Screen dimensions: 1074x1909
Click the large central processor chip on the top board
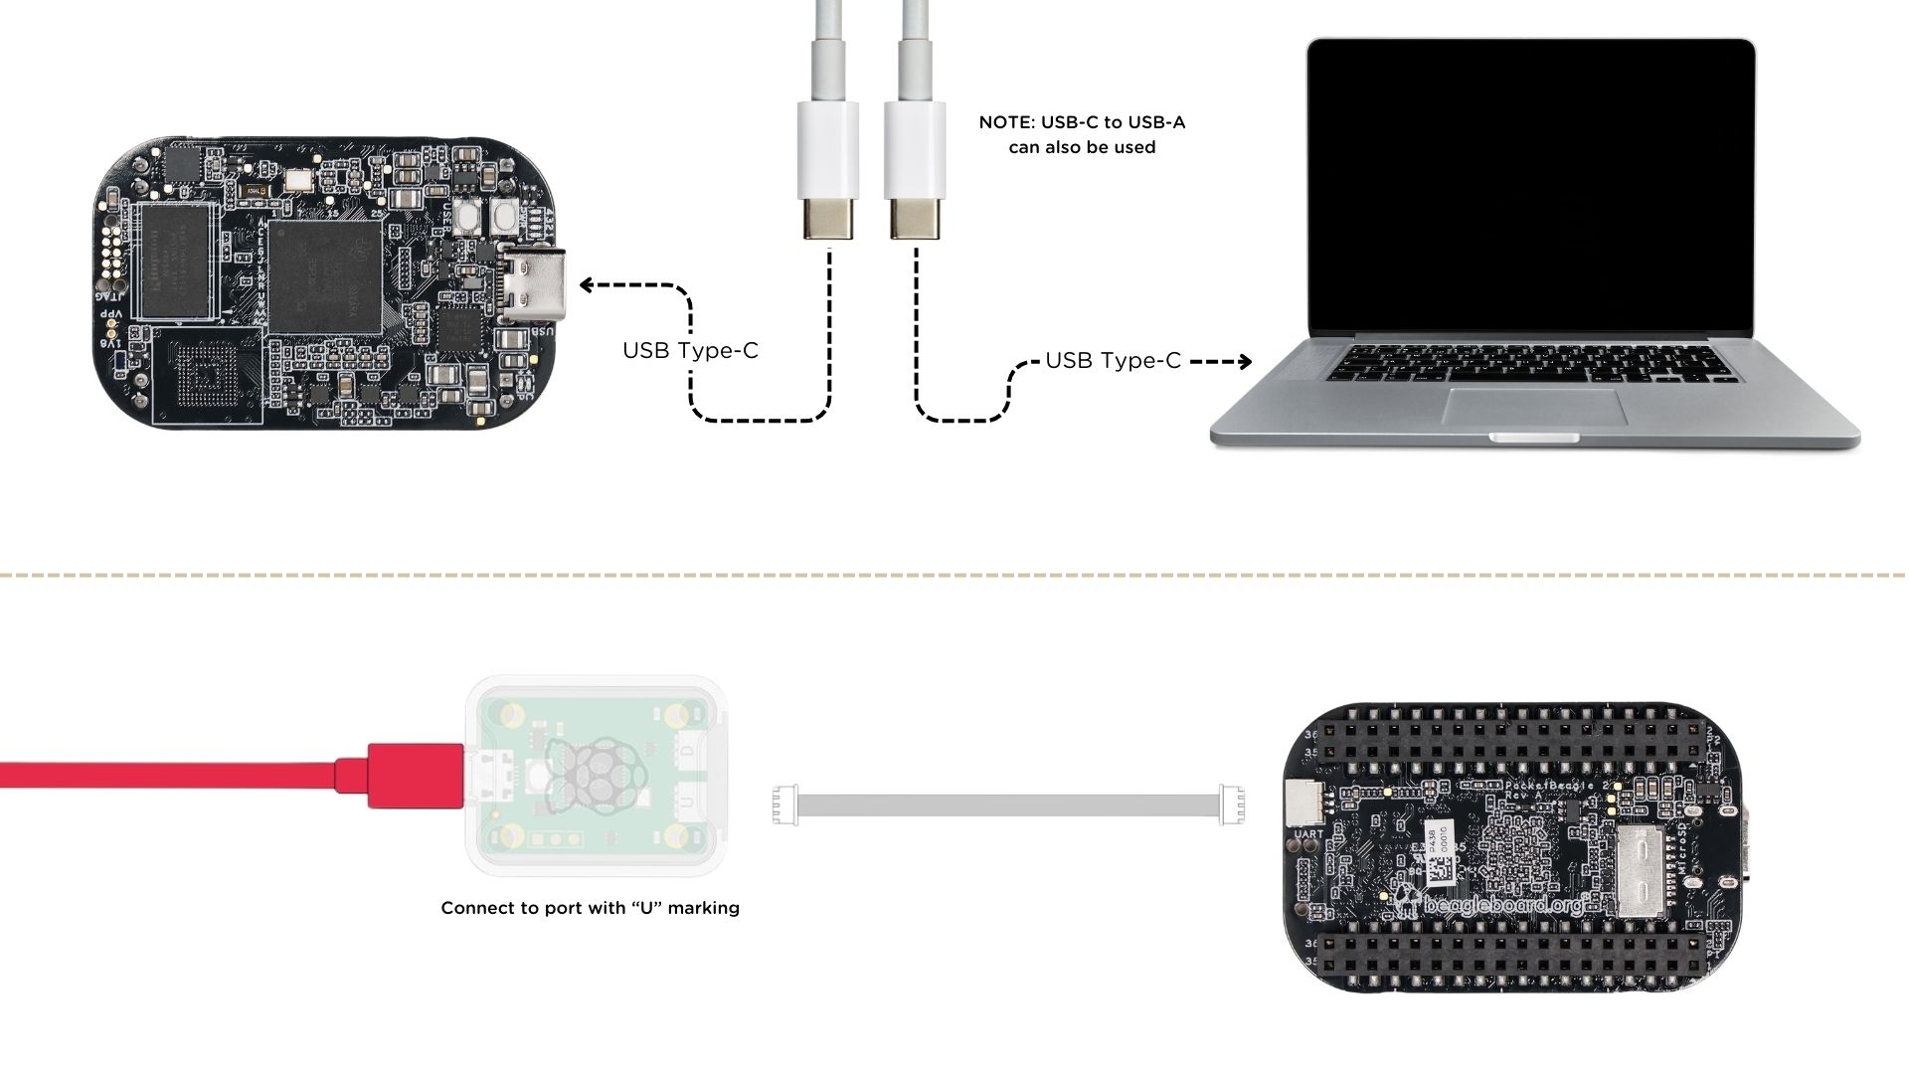point(325,276)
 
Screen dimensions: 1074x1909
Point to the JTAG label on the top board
point(111,295)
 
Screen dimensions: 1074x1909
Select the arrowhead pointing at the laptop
point(1244,362)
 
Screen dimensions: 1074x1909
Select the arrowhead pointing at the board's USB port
point(588,285)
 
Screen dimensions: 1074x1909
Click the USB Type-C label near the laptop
point(1113,361)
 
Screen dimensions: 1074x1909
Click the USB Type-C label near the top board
point(690,351)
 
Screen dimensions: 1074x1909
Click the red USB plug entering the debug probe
point(416,775)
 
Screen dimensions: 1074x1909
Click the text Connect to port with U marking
point(590,908)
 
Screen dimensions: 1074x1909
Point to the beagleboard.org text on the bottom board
point(1502,906)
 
